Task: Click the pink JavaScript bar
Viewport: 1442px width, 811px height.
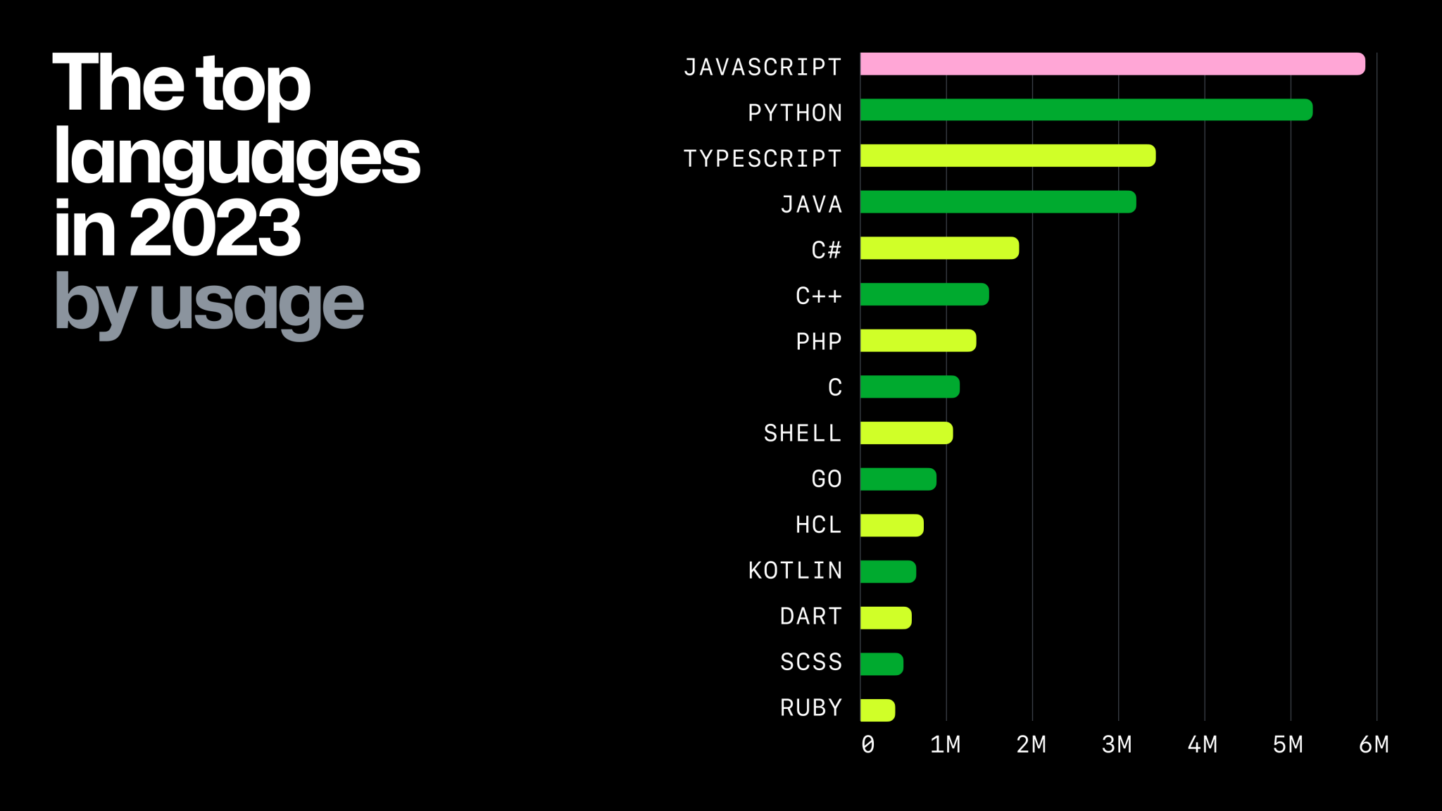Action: coord(1112,64)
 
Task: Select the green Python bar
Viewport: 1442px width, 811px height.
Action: coord(1086,110)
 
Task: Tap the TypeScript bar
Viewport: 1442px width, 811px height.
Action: coord(1008,156)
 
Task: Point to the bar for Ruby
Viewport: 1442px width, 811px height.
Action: coord(877,710)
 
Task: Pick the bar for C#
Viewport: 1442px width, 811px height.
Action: coord(939,248)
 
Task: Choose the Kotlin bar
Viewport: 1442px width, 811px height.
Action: coord(888,572)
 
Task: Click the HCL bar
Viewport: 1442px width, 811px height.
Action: coord(891,525)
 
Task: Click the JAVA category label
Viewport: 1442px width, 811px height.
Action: coord(811,204)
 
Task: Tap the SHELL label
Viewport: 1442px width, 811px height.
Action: coord(803,433)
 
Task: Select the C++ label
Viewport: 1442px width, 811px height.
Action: coord(818,296)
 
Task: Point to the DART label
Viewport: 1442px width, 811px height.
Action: coord(811,616)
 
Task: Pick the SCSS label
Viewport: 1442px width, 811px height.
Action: coord(811,662)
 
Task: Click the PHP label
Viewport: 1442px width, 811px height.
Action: coord(818,341)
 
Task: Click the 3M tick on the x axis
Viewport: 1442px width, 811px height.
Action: coord(1117,744)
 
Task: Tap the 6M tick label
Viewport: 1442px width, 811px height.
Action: coord(1374,744)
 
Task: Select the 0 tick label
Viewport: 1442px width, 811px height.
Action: coord(868,744)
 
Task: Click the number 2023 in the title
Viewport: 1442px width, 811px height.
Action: coord(215,228)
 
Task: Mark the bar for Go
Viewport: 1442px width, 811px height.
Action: coord(898,479)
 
